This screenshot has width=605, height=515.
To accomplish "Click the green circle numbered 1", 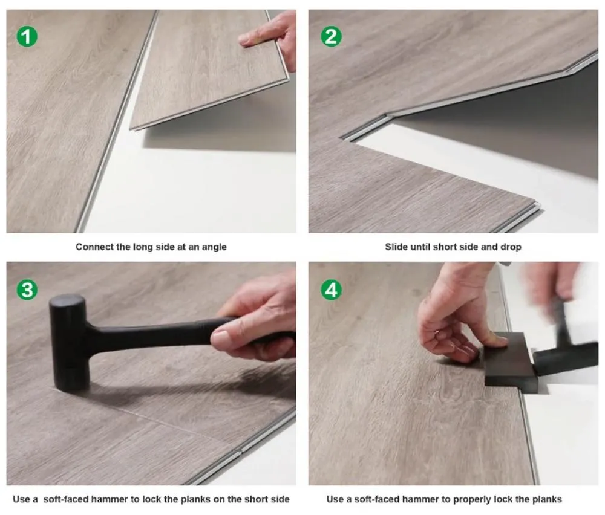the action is pyautogui.click(x=27, y=37).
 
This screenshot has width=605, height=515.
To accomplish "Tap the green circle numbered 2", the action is pyautogui.click(x=331, y=37).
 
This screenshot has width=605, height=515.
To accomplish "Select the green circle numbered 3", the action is pyautogui.click(x=27, y=290).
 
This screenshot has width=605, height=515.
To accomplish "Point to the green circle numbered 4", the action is pyautogui.click(x=331, y=290).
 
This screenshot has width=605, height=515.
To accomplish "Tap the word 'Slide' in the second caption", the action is pyautogui.click(x=396, y=247).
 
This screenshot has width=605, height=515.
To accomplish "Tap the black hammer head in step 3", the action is pyautogui.click(x=70, y=342).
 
